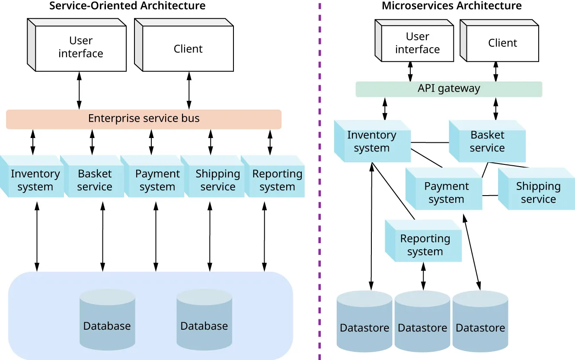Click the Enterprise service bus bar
click(x=144, y=119)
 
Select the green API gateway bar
click(x=448, y=89)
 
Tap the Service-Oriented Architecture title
click(x=127, y=6)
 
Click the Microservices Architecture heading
click(x=451, y=6)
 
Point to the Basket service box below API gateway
click(x=488, y=142)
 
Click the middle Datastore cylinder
click(x=422, y=322)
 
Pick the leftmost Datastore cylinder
click(x=364, y=322)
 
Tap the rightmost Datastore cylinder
click(x=480, y=322)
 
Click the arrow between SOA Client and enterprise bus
click(x=189, y=90)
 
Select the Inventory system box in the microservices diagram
click(x=372, y=142)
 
